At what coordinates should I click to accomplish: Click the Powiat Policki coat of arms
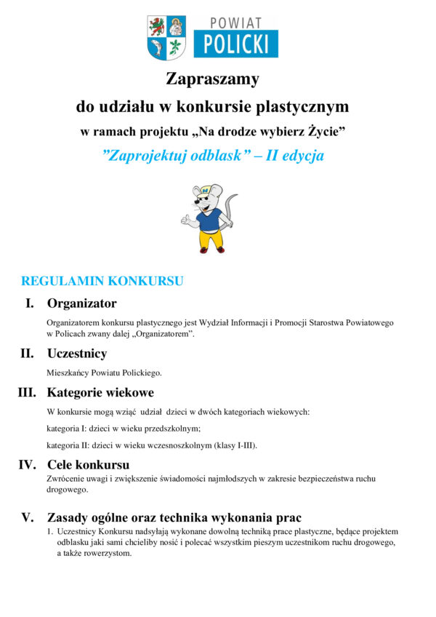(x=167, y=38)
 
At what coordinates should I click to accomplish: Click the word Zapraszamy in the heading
(x=212, y=79)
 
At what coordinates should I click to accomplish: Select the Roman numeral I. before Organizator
(x=30, y=303)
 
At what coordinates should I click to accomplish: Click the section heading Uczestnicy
(x=77, y=354)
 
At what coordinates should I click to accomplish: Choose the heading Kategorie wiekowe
(x=100, y=393)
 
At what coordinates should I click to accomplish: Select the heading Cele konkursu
(x=88, y=464)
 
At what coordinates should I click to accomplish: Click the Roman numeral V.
(x=28, y=518)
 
